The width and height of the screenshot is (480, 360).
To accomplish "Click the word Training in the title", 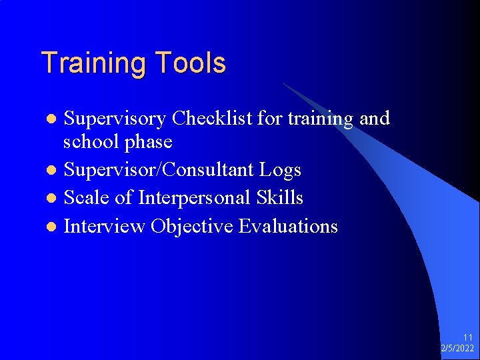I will [x=95, y=64].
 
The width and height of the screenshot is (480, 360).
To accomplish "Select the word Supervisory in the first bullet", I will [x=115, y=119].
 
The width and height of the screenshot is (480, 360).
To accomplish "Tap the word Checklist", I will [x=212, y=119].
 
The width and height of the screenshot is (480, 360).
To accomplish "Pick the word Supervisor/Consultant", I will [x=159, y=171].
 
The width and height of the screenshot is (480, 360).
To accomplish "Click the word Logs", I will [x=281, y=171].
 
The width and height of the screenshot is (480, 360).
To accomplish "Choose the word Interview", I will [x=104, y=227].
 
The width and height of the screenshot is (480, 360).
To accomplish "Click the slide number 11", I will [x=468, y=338].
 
